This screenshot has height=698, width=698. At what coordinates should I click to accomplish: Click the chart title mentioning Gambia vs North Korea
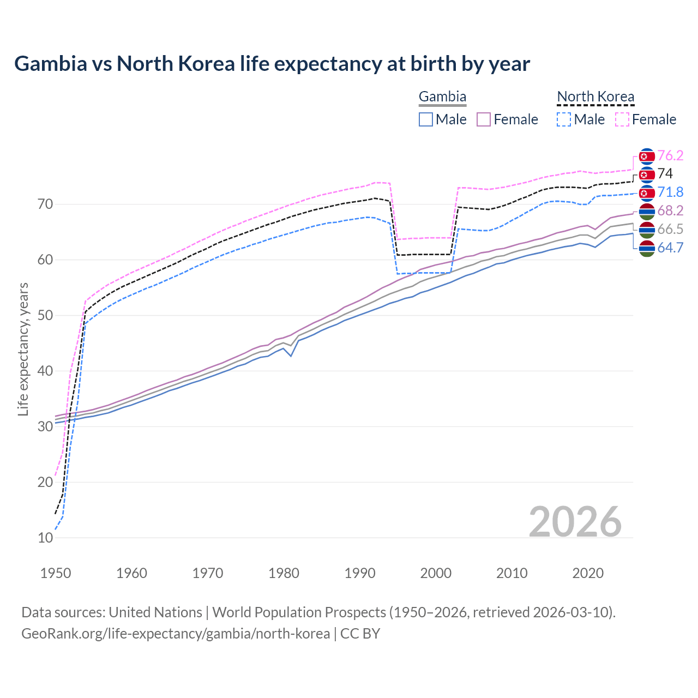click(x=272, y=64)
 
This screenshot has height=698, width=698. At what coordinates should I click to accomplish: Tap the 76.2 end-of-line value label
click(x=670, y=155)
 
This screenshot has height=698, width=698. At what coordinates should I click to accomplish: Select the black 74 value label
click(x=665, y=173)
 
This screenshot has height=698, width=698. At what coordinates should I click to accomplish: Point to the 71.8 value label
click(x=670, y=192)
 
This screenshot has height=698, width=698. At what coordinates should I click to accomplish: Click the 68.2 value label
click(x=670, y=210)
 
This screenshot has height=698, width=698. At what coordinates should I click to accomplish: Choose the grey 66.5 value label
click(x=670, y=229)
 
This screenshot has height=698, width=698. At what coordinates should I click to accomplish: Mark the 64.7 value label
click(x=670, y=248)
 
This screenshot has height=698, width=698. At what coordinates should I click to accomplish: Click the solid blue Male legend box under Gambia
click(x=426, y=119)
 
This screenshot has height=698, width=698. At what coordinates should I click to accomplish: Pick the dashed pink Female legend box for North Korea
click(x=622, y=119)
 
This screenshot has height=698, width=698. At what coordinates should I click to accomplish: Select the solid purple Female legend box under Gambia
click(x=484, y=119)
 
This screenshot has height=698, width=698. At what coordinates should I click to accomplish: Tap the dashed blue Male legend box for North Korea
click(x=564, y=119)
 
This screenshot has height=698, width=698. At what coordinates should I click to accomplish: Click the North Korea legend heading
click(x=595, y=97)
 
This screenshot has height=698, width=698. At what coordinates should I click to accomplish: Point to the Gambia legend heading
click(x=442, y=97)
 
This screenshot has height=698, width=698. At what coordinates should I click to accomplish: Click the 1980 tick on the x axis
click(x=284, y=573)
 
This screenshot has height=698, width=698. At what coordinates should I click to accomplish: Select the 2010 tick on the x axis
click(x=512, y=573)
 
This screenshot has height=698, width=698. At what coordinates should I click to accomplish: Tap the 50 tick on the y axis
click(x=45, y=315)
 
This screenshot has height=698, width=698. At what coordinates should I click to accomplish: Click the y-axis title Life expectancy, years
click(x=23, y=349)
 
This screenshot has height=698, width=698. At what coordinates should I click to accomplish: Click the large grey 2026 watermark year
click(x=575, y=522)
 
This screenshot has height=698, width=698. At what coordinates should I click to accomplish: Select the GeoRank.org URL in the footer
click(x=176, y=634)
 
